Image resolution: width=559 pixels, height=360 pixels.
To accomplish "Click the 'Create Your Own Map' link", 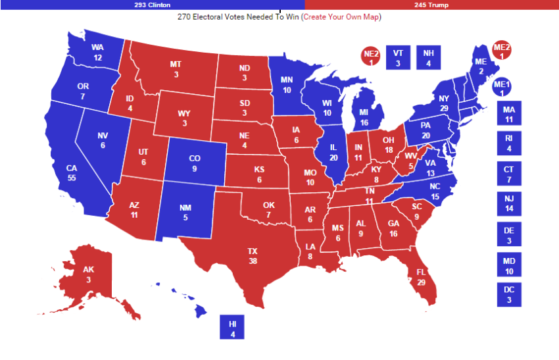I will point(341,16).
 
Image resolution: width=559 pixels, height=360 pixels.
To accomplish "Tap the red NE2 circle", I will point(371,57).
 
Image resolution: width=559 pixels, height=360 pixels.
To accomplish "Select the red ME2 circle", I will point(502,51).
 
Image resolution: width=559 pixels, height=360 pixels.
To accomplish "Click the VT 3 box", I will point(397,58).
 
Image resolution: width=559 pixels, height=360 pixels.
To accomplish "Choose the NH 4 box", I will point(428,58).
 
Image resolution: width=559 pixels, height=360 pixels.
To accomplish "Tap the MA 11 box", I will point(508,115).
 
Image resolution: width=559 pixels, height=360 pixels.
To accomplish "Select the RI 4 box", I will point(508,144).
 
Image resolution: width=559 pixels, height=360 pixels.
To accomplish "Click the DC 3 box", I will point(508,295).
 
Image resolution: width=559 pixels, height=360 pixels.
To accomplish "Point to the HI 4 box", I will point(232,328).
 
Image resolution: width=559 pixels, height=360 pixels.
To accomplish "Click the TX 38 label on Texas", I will point(253,255).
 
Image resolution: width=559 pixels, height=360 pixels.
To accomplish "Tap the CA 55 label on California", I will point(72,173).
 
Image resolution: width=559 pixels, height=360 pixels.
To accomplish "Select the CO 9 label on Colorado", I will point(195,163).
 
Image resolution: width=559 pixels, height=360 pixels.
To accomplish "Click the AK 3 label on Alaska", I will point(89,274).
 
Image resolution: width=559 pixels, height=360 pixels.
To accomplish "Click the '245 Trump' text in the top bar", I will point(432,5).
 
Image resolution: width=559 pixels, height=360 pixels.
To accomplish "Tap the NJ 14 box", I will point(508,204).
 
